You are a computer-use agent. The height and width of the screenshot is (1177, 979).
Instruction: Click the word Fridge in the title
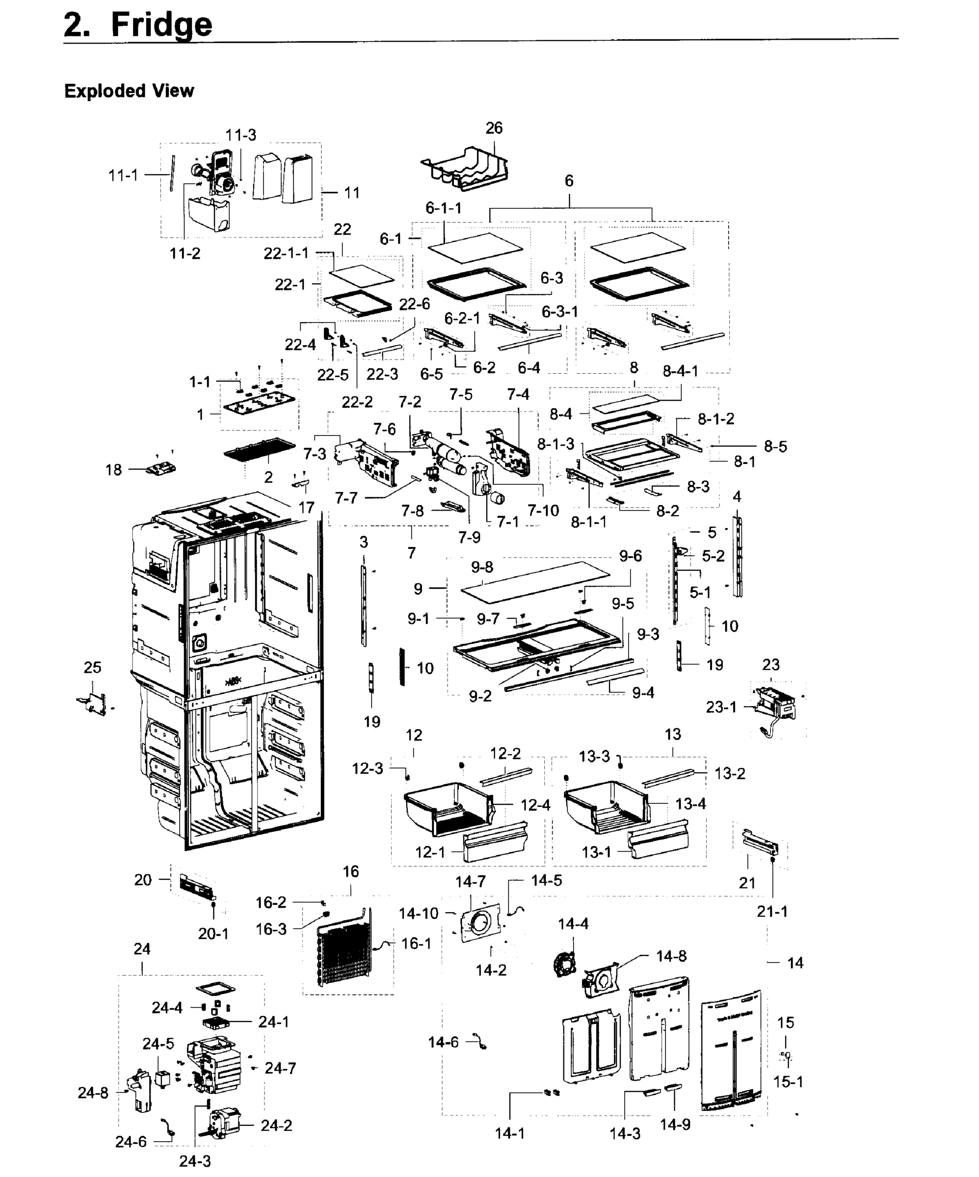(161, 25)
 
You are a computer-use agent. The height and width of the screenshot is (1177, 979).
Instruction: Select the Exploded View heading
(129, 91)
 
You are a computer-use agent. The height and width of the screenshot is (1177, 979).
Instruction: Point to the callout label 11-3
(240, 135)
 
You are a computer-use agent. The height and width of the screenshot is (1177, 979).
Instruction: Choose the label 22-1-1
(286, 254)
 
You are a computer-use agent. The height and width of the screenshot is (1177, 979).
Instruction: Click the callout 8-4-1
(680, 371)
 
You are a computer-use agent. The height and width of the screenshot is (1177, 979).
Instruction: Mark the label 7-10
(543, 510)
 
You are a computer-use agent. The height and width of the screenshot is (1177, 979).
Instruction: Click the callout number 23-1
(721, 707)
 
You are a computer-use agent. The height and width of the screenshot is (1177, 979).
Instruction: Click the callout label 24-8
(93, 1093)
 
